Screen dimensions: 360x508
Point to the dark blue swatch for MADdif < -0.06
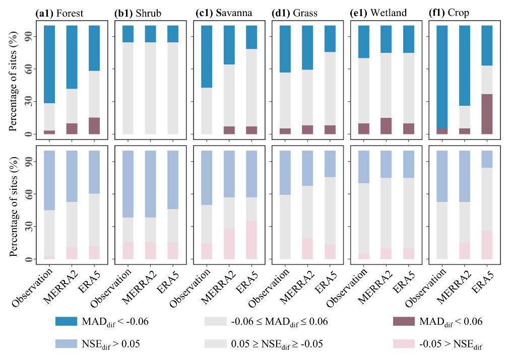66,321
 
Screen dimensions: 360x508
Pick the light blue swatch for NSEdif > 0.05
66,344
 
